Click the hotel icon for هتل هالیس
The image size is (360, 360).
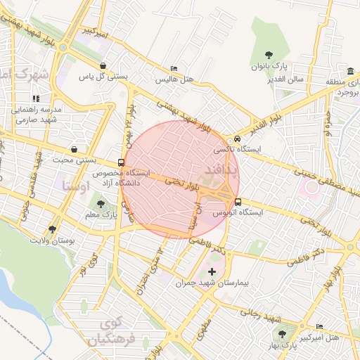click(x=174, y=68)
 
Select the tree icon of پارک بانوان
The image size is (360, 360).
click(x=269, y=55)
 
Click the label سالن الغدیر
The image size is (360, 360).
click(x=285, y=79)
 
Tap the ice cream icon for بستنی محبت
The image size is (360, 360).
click(x=75, y=149)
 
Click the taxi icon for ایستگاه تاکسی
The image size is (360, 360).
click(x=238, y=139)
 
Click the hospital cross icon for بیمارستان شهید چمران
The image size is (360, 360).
click(x=212, y=271)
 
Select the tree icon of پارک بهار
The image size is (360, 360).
click(x=283, y=334)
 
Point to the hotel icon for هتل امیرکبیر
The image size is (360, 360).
click(x=320, y=327)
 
